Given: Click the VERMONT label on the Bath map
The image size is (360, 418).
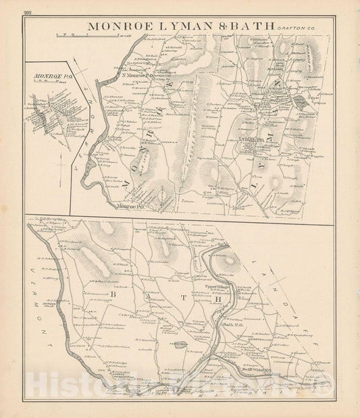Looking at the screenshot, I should (x=42, y=317).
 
